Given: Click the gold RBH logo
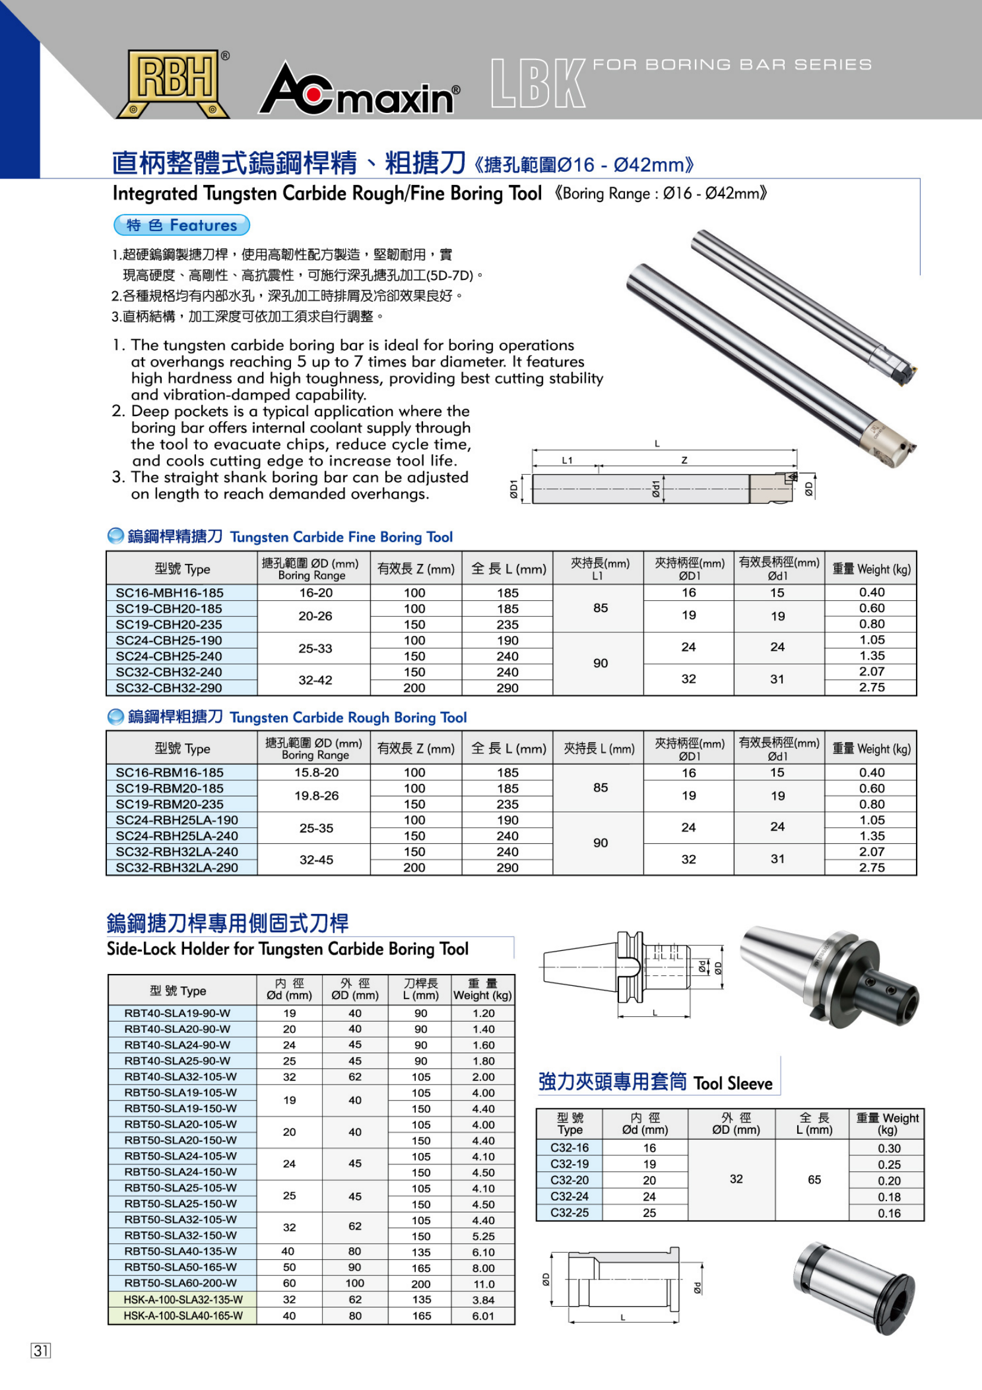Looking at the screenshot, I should coord(174,83).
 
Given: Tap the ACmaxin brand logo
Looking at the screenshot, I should coord(359,90).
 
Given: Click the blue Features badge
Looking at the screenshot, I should coord(182,225).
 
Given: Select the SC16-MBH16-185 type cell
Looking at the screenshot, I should coord(169,592).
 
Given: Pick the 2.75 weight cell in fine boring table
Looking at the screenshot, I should coord(872,687).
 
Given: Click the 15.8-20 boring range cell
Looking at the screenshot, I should coord(316,773).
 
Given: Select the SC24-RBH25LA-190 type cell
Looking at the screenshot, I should coord(176,820).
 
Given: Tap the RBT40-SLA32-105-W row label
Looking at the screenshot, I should coord(181,1077).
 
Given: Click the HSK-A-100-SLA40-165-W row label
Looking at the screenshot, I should coord(183,1316).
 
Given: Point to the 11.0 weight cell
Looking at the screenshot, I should coord(484,1284).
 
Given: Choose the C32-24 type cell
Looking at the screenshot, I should coord(569,1196).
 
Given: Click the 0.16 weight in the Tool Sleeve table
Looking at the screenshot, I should coord(889,1213).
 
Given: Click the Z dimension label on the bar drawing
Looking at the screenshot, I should coord(684,460).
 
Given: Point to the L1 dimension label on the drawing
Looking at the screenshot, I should coord(567,460).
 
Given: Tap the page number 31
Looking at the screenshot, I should coord(40,1350).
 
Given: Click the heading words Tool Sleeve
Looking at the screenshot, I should coord(732,1083).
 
